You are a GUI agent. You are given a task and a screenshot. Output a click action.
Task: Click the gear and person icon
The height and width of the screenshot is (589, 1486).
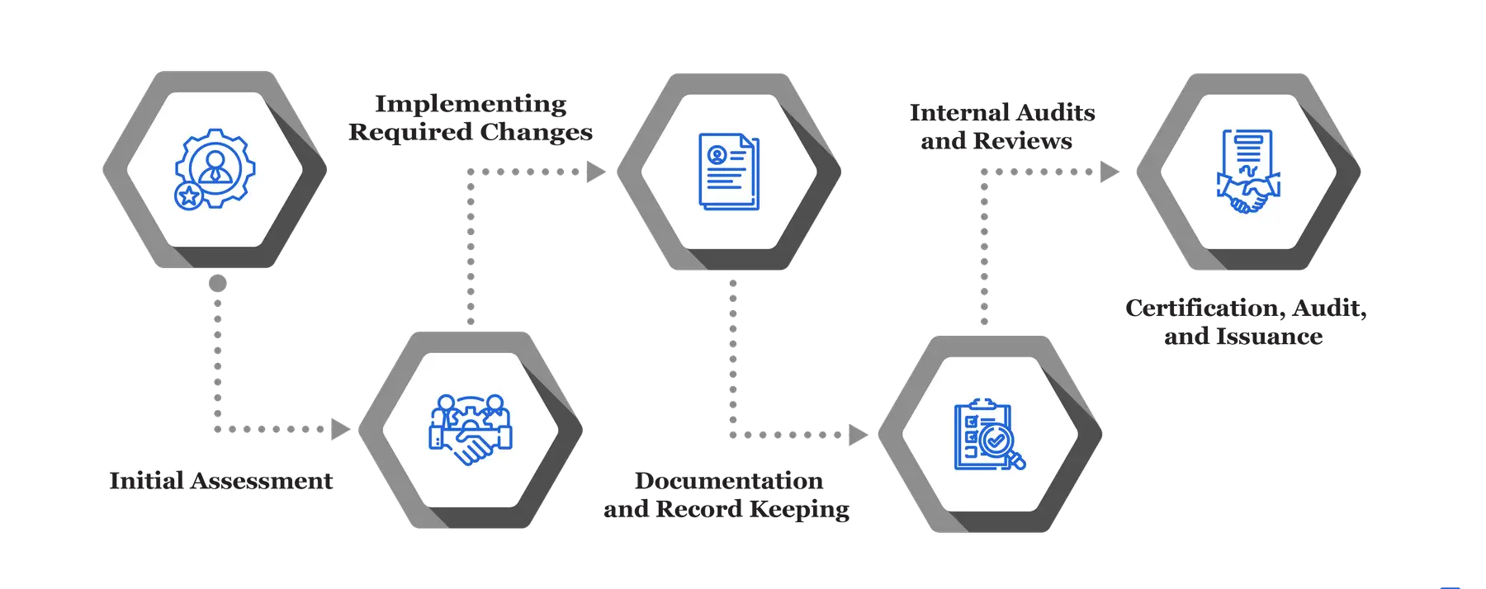click(214, 169)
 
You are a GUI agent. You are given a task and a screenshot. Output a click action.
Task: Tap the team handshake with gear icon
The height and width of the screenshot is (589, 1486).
click(470, 430)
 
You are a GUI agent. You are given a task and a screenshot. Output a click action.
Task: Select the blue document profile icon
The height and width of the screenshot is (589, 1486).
click(728, 172)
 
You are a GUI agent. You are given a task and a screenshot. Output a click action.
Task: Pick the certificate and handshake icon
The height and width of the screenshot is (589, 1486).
click(1247, 172)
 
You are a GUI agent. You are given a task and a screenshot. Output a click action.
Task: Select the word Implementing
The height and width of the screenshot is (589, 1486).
click(471, 104)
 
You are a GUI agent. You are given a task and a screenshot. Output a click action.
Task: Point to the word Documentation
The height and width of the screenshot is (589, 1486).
click(729, 480)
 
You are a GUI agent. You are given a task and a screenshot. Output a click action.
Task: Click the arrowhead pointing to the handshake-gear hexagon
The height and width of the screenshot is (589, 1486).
click(339, 429)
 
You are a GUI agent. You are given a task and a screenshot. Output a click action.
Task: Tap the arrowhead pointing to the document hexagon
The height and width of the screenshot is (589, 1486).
click(596, 172)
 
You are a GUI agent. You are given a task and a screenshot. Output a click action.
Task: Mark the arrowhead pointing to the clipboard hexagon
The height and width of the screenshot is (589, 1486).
click(859, 434)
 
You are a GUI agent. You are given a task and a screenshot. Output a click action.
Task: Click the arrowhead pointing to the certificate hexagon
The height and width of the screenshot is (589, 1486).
click(1110, 172)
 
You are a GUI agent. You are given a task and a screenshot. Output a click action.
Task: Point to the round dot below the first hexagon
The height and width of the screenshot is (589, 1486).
click(217, 284)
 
